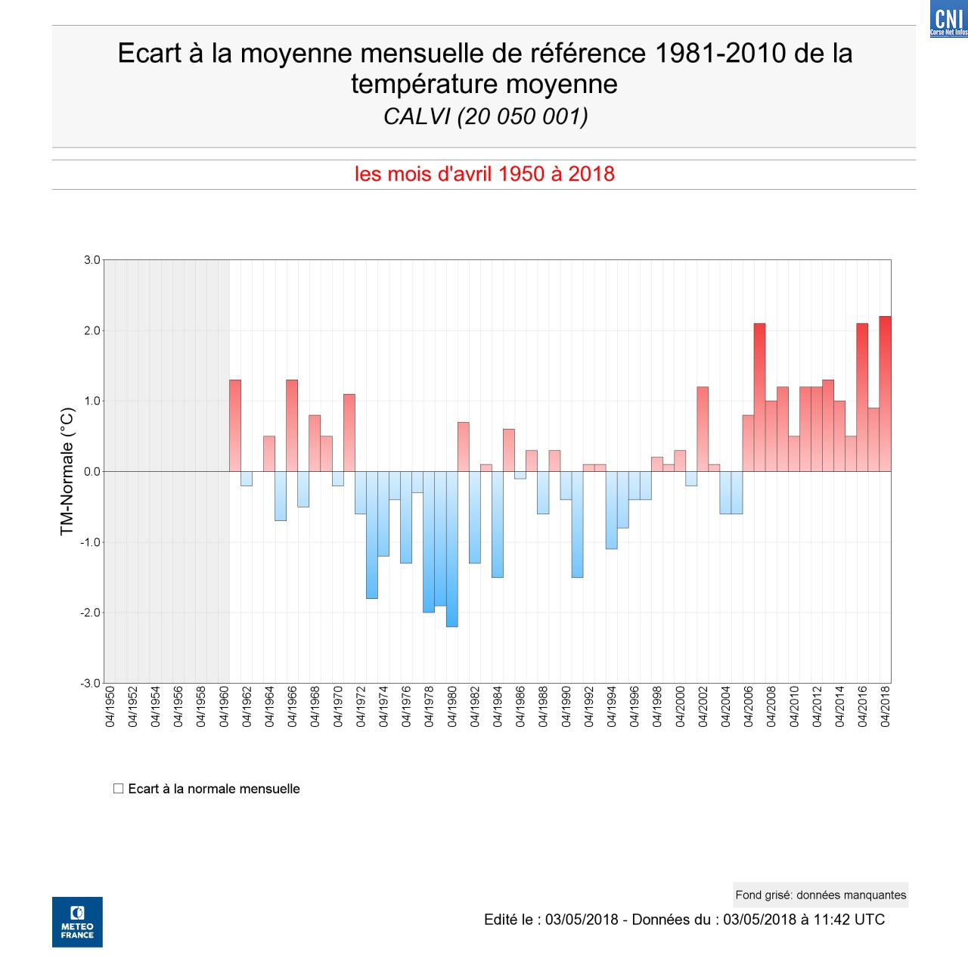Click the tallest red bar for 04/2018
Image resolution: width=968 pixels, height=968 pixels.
(x=885, y=393)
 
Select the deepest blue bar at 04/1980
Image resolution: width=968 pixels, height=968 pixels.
(x=451, y=549)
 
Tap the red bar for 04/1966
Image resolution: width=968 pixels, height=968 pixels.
(x=292, y=425)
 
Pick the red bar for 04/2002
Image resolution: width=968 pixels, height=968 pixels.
(x=703, y=429)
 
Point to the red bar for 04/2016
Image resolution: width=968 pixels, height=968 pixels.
(x=862, y=397)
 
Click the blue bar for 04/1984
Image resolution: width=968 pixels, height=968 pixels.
(x=498, y=524)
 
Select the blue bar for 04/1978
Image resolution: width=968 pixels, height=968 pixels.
(x=429, y=541)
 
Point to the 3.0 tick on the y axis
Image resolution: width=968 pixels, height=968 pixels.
(x=92, y=260)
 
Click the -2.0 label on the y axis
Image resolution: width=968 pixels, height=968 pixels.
(x=90, y=613)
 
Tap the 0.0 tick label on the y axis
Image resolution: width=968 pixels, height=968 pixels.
(x=92, y=472)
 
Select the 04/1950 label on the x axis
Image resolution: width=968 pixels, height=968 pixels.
(x=110, y=707)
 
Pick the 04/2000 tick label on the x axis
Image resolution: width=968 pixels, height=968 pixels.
(x=681, y=707)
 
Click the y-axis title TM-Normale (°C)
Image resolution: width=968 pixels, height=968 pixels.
(x=67, y=471)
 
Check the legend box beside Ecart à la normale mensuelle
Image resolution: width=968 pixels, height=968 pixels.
(x=119, y=789)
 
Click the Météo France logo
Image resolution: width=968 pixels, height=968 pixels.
(x=77, y=922)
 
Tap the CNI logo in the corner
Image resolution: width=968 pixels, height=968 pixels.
(x=948, y=19)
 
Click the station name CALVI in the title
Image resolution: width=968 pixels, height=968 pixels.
(x=417, y=116)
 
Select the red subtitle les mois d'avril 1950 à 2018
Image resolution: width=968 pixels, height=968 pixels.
(x=484, y=174)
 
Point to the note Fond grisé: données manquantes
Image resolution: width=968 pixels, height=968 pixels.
(x=821, y=895)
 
